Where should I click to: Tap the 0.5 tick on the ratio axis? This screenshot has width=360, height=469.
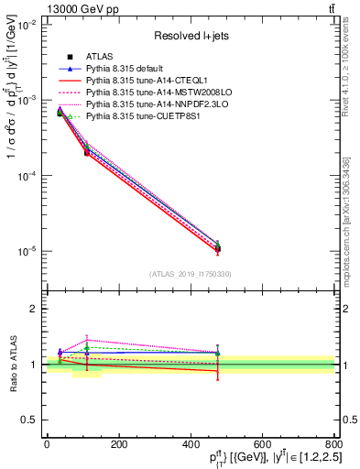pyautogui.click(x=30, y=420)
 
